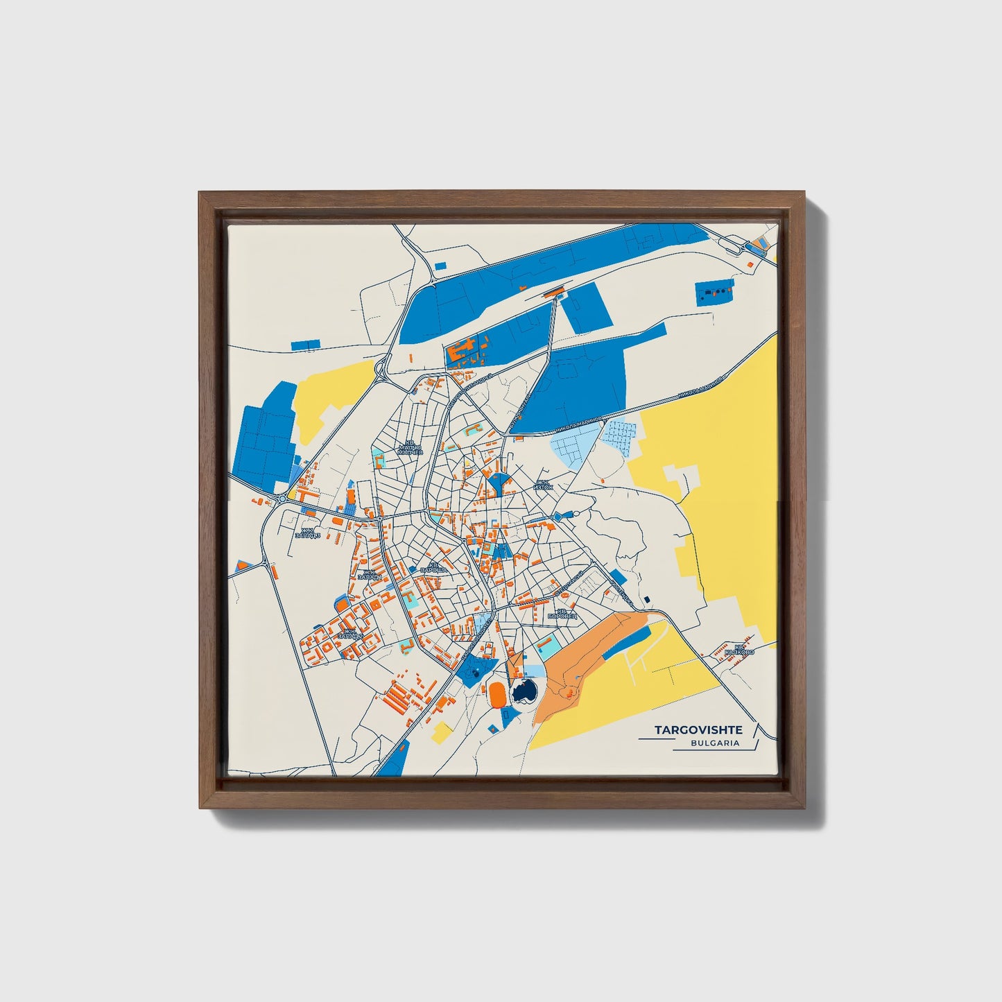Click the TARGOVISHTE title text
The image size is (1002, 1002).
point(698,730)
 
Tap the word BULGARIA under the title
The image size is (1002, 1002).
point(714,743)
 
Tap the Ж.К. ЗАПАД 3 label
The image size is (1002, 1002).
point(308,533)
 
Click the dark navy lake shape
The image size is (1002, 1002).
point(524,691)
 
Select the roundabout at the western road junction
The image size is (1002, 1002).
point(282,499)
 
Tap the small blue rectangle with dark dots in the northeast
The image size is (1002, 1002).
point(714,293)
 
